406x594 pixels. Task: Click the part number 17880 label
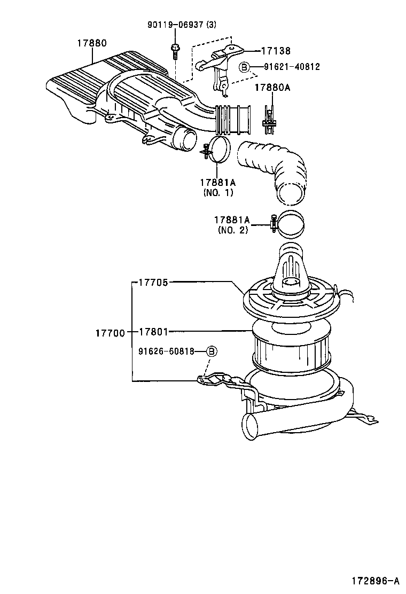pos(92,43)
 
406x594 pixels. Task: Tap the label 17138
pos(276,51)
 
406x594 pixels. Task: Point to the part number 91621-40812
pos(292,67)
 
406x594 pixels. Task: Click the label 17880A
pos(272,87)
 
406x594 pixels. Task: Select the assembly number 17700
pos(110,333)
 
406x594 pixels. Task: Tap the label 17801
pos(153,332)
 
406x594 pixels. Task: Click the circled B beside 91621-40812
pos(244,67)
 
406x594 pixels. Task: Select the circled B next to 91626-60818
pos(212,351)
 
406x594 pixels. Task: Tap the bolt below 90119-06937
pos(175,50)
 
